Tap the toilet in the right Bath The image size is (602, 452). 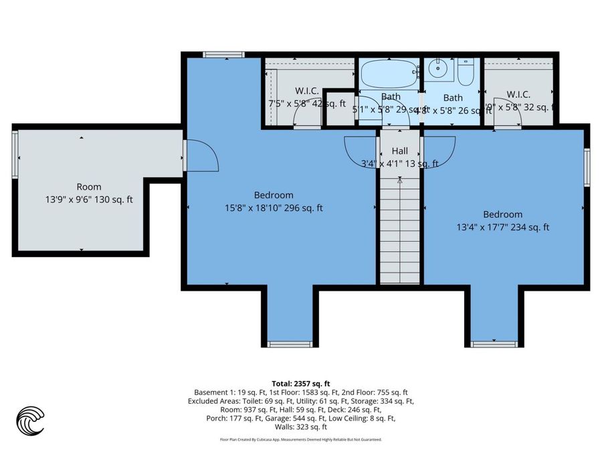tap(466, 70)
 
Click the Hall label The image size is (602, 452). tap(399, 151)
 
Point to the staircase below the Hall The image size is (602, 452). tap(400, 228)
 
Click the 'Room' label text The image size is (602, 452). tap(89, 187)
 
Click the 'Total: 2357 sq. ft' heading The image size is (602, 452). tap(300, 383)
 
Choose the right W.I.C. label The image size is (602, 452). tap(518, 94)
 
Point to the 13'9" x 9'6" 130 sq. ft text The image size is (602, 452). tap(88, 199)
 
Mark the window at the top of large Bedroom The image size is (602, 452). tap(215, 55)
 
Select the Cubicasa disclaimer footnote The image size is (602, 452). tap(300, 440)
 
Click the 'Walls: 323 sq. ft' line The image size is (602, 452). tap(300, 427)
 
